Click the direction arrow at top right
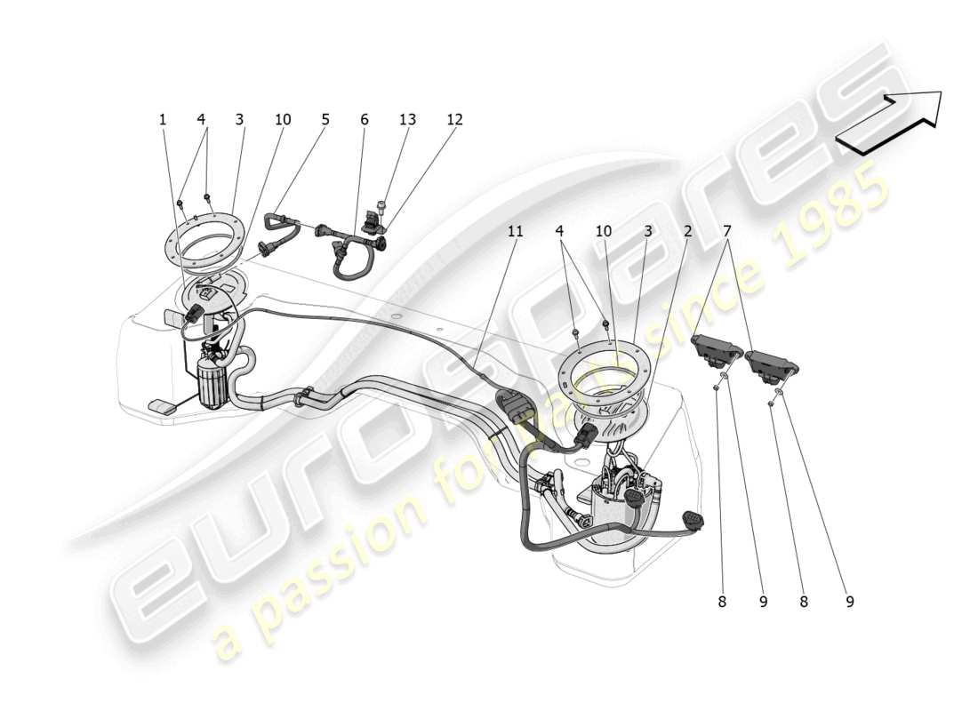889,122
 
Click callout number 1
163,119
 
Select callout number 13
406,119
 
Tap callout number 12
454,119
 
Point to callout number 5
325,119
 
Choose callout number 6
364,119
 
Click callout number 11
515,231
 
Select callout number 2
687,231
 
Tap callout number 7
728,231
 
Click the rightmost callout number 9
849,602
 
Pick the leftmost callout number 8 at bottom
722,602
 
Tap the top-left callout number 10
282,119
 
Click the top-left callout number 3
239,119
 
